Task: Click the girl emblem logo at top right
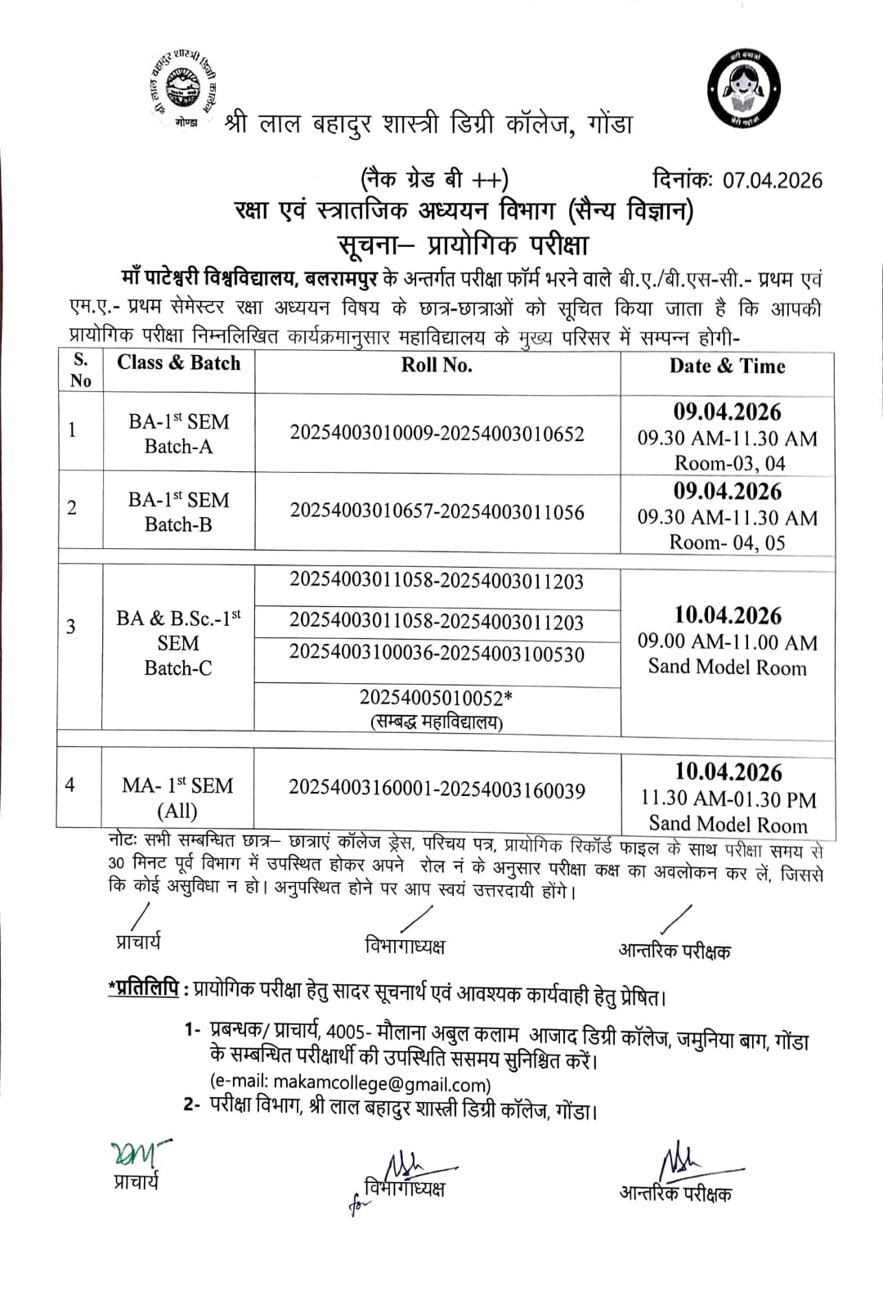click(743, 89)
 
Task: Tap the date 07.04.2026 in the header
click(772, 180)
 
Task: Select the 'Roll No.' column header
click(437, 365)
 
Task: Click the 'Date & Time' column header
click(727, 366)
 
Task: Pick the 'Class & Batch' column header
click(178, 362)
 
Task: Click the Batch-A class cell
click(178, 434)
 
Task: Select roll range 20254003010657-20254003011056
click(437, 512)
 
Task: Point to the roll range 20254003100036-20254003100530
click(437, 654)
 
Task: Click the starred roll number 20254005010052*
click(437, 698)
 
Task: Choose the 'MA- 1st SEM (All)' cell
click(177, 798)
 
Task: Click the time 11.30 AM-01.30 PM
click(728, 798)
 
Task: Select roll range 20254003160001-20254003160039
click(437, 790)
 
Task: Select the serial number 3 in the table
click(71, 627)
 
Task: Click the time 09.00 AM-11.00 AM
click(728, 642)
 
